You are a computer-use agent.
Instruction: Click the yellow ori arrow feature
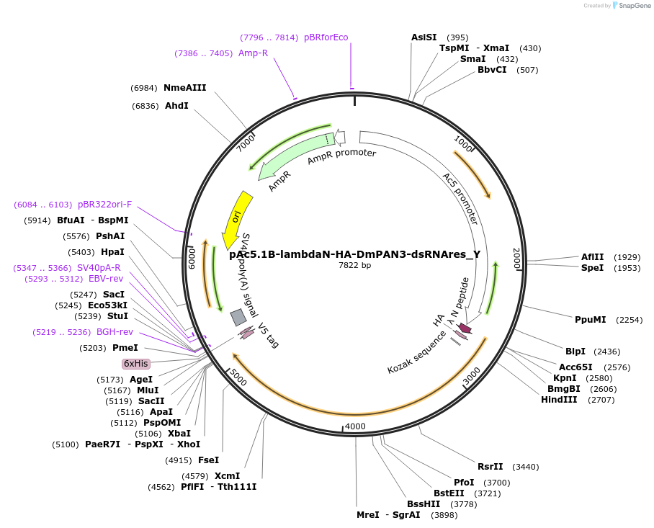coord(236,218)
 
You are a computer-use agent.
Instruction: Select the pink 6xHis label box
coord(135,364)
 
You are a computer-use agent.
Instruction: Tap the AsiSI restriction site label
coord(424,37)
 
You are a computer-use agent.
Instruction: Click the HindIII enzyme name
coord(559,400)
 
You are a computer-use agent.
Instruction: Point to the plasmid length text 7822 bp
coord(354,266)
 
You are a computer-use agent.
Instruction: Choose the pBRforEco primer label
coord(326,37)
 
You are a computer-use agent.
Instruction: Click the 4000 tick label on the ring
coord(356,426)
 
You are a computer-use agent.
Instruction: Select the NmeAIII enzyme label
coord(185,88)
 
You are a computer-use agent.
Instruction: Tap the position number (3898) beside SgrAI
coord(444,515)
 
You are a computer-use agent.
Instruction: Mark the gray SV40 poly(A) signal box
coord(238,317)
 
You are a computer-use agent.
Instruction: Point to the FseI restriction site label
coord(208,460)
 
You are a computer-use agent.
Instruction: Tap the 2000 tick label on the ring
coord(516,258)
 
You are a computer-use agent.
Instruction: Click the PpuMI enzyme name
coord(590,320)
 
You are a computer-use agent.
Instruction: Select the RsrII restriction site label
coord(491,467)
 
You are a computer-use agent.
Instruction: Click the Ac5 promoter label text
coord(460,198)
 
